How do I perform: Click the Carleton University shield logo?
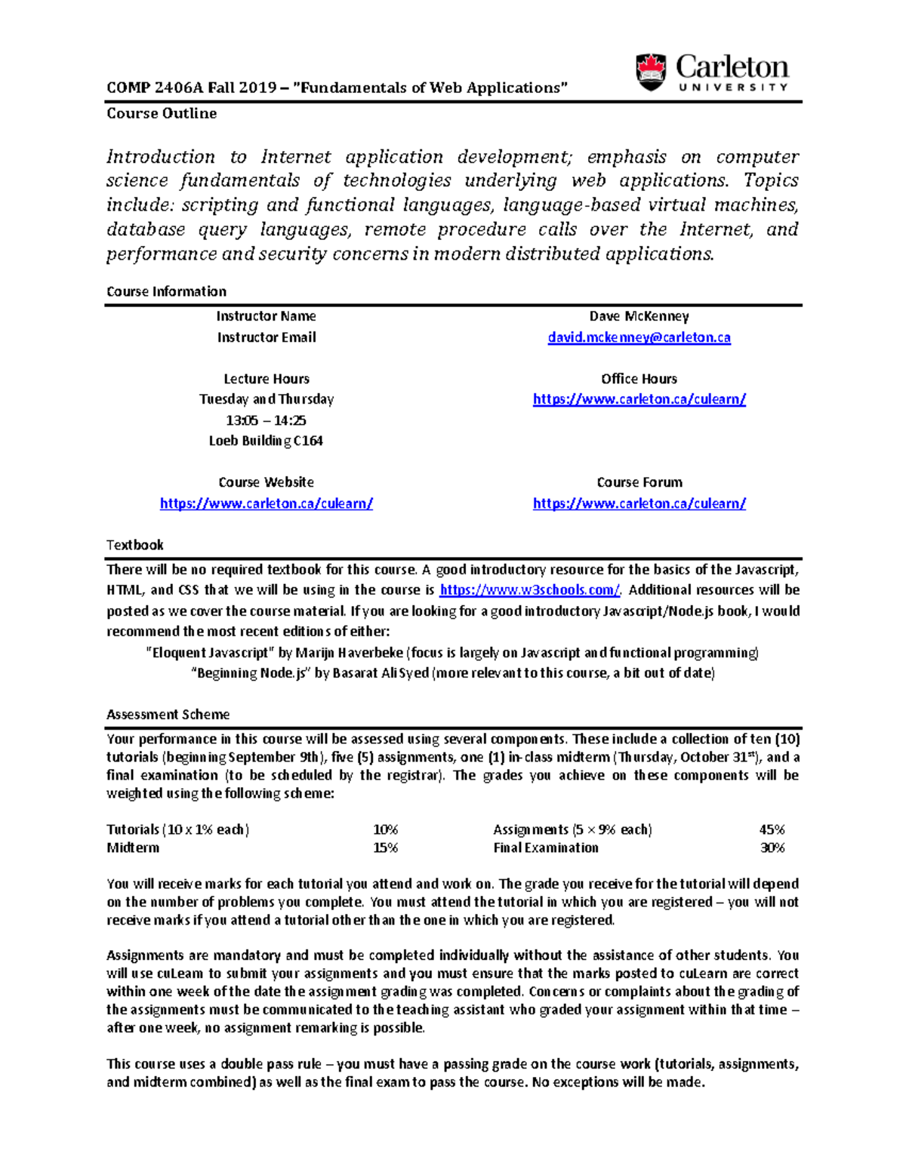click(651, 72)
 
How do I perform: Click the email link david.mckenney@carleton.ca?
click(639, 338)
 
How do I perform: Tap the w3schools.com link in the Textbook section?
click(529, 590)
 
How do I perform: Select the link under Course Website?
click(266, 503)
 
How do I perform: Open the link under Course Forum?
click(639, 503)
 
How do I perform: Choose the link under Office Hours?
click(639, 399)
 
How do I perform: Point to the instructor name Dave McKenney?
click(639, 316)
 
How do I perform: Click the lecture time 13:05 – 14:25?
click(266, 420)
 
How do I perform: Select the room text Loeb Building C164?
click(266, 441)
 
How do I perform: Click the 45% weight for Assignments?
click(772, 829)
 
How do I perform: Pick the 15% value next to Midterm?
click(385, 847)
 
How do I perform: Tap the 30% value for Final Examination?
click(772, 847)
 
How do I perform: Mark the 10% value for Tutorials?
click(385, 829)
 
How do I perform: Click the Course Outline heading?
click(162, 114)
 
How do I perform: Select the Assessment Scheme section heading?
click(168, 714)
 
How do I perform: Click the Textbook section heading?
click(134, 545)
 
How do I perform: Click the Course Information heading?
click(166, 291)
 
